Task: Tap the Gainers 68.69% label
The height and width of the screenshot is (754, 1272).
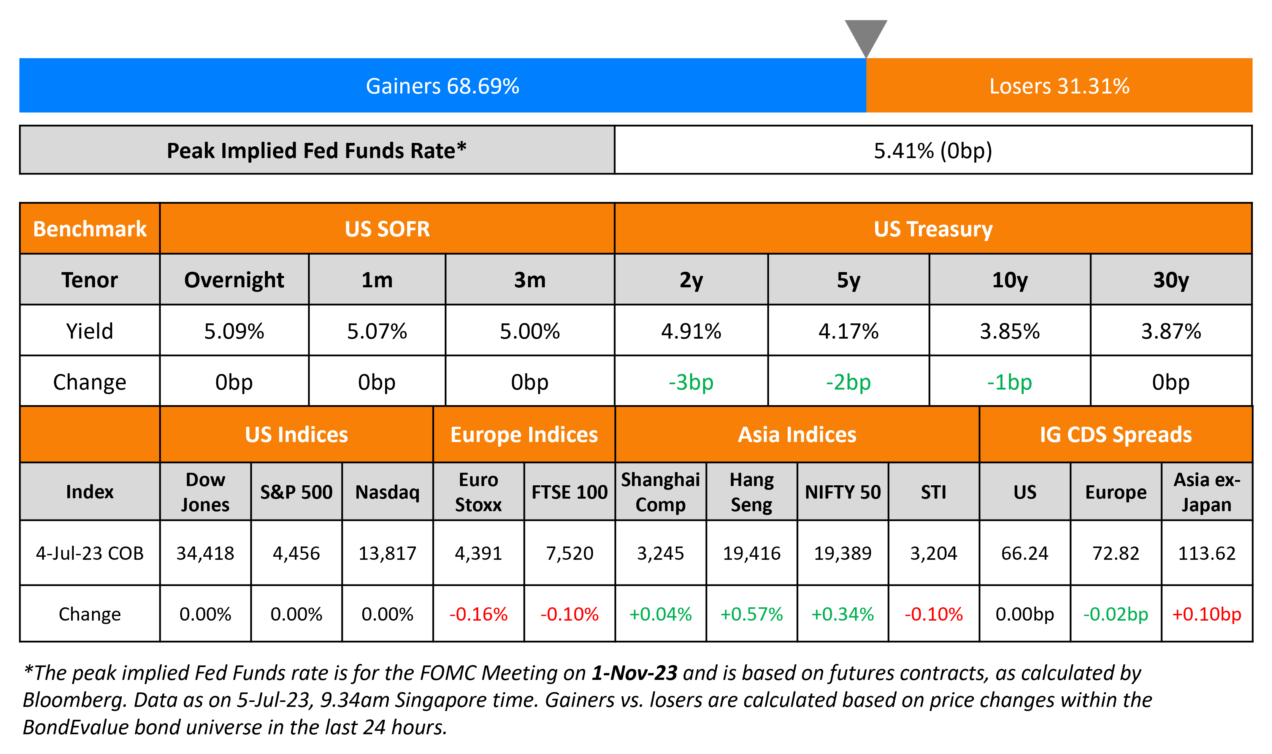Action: [442, 86]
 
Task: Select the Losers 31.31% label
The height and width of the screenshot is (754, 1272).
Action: [1059, 86]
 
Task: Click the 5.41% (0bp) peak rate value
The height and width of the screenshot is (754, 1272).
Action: [933, 150]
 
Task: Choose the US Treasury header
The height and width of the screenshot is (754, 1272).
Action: [933, 229]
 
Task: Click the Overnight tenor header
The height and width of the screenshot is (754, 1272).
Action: [234, 280]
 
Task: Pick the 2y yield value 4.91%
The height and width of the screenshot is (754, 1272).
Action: [691, 331]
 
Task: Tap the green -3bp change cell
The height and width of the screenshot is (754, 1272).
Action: [691, 382]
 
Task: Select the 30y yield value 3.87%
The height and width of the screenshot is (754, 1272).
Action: [1170, 331]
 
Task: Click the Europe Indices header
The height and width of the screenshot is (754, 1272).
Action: [523, 435]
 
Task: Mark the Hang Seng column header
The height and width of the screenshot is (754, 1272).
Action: [751, 492]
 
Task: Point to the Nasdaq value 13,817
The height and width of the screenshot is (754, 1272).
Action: [387, 553]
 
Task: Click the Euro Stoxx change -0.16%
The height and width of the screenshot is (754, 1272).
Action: [478, 614]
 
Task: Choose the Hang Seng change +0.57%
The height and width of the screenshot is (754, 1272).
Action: [751, 614]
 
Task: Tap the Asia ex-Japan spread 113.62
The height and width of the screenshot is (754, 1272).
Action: [1207, 553]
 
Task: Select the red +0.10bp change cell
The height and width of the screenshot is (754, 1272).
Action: [1207, 614]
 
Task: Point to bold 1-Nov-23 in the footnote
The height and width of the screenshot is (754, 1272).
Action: [634, 673]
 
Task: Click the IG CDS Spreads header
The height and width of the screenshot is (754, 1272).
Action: [1115, 435]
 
